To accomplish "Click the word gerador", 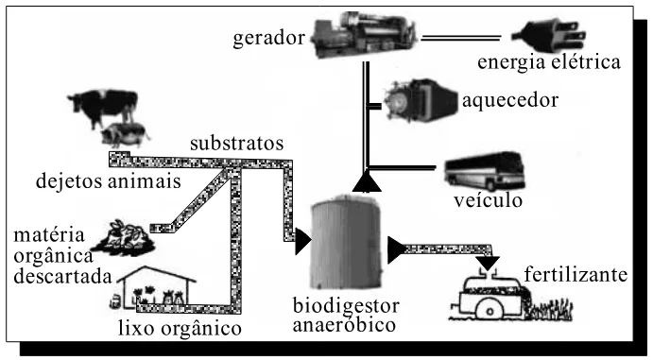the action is [x=268, y=39].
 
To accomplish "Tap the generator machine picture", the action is [x=363, y=35].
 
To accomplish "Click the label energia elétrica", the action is [x=548, y=62].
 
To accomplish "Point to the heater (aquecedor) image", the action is [x=420, y=100].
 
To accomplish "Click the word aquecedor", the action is [x=510, y=100].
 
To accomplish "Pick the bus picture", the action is [x=484, y=171].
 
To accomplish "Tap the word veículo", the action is [x=488, y=199].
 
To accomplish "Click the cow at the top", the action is [x=103, y=106].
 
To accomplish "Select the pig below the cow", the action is [x=124, y=134].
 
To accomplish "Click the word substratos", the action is [x=236, y=144].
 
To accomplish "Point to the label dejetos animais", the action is [x=109, y=181].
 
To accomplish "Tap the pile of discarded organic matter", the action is [x=123, y=236].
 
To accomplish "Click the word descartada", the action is [x=63, y=276].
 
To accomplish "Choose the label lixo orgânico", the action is [x=180, y=328].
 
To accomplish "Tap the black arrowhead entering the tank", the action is [x=303, y=241].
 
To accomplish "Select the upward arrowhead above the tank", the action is [x=367, y=180].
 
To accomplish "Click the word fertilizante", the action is [x=576, y=275].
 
